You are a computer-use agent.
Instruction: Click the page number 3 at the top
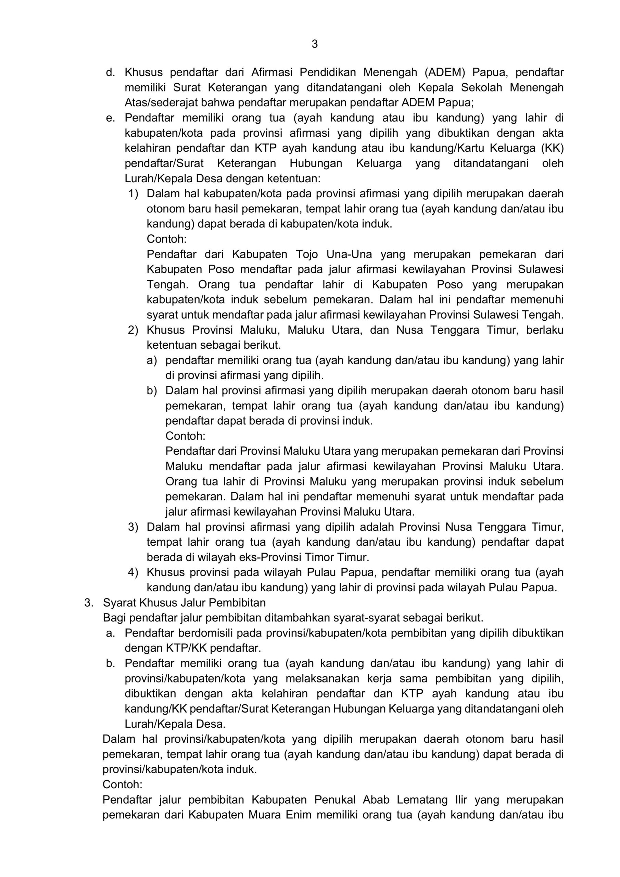(x=315, y=44)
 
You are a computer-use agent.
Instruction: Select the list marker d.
(x=110, y=73)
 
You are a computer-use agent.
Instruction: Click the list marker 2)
(x=133, y=330)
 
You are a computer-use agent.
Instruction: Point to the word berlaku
(x=545, y=330)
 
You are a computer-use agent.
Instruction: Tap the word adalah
(x=374, y=527)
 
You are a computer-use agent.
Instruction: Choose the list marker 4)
(x=133, y=572)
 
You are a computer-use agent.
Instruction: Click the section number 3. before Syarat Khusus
(x=89, y=603)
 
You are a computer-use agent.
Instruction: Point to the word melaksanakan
(x=322, y=679)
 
